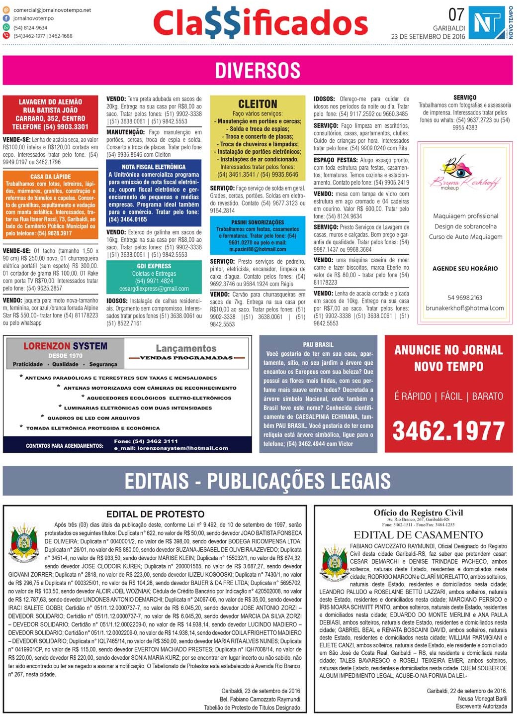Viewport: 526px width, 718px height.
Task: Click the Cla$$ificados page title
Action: (260, 23)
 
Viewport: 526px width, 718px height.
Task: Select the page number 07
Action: (456, 14)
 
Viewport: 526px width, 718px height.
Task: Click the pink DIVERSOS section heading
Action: (258, 70)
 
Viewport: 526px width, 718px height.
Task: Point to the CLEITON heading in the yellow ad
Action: (258, 104)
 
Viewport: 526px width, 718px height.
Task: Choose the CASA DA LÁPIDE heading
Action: (50, 177)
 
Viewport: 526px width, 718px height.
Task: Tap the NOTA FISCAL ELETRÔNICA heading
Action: (154, 167)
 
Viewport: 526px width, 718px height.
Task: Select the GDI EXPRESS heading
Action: (154, 266)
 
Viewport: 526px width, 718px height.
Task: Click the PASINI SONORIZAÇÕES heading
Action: (258, 222)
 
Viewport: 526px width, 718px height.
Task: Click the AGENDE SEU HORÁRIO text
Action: (465, 268)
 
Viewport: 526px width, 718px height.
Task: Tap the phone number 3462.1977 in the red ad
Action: (448, 431)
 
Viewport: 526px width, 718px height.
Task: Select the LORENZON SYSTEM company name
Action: (65, 346)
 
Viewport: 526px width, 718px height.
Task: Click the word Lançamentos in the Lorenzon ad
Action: (186, 348)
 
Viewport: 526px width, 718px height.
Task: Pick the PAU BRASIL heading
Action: (318, 344)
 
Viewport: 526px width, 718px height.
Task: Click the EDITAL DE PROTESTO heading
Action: (155, 514)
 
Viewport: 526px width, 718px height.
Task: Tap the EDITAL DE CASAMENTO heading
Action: (418, 535)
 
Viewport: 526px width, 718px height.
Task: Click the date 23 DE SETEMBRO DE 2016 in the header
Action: (428, 36)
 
